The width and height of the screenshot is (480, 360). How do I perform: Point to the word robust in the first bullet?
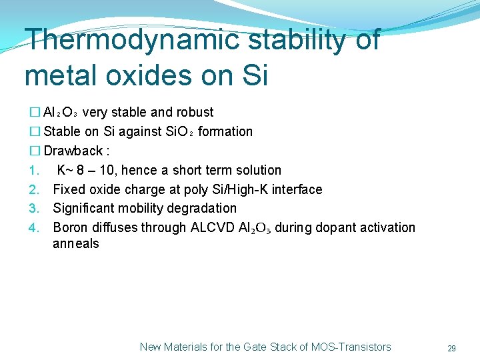[193, 112]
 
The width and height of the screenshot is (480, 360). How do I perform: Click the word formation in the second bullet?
[225, 131]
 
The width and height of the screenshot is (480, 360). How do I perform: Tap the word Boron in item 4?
[71, 227]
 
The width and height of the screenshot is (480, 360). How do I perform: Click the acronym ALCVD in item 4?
[212, 227]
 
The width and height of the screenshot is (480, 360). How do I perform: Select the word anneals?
[76, 244]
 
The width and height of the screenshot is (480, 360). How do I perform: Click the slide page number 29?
[451, 348]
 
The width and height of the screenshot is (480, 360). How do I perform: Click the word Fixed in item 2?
[69, 189]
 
